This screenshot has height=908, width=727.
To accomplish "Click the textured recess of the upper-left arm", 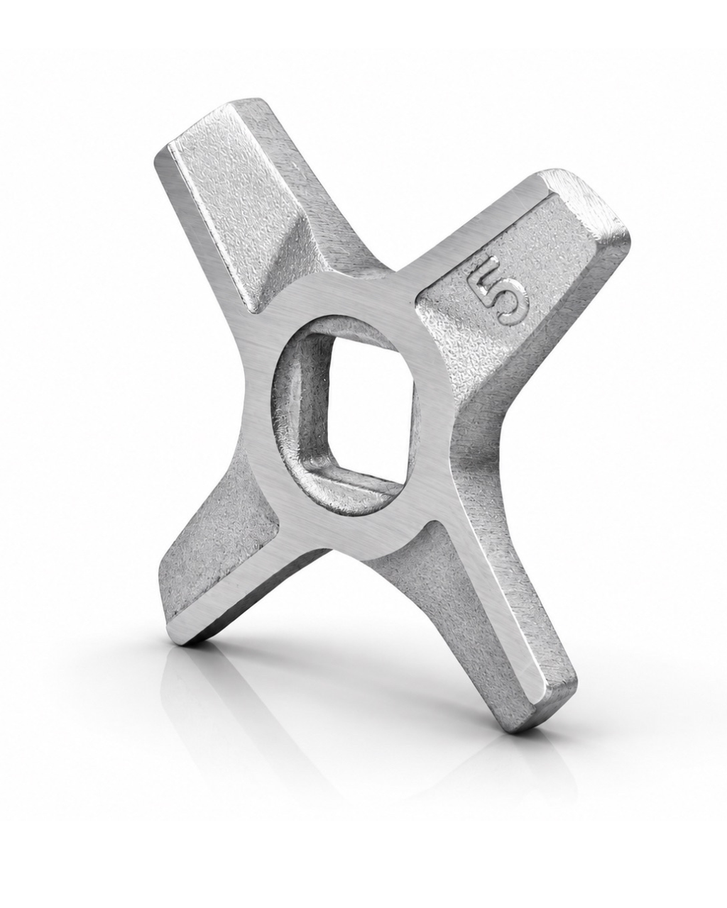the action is point(236,203).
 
